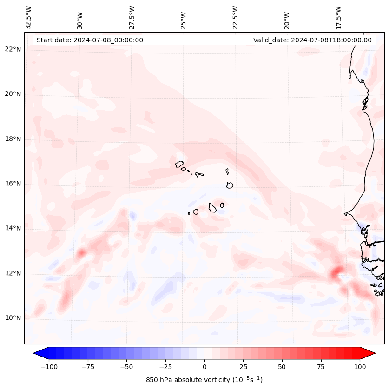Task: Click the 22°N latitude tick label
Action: (x=13, y=49)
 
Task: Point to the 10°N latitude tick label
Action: (x=13, y=318)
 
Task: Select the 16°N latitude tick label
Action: (x=13, y=184)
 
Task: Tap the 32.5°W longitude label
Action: (x=29, y=18)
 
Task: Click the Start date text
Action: (x=90, y=40)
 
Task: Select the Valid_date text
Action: (x=312, y=40)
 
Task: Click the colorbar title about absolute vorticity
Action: (x=204, y=380)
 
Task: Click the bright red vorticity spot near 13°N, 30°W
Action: (x=81, y=253)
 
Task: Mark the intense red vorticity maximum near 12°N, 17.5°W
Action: (x=336, y=271)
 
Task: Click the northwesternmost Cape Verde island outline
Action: (x=179, y=164)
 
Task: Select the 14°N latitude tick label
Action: (x=13, y=228)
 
